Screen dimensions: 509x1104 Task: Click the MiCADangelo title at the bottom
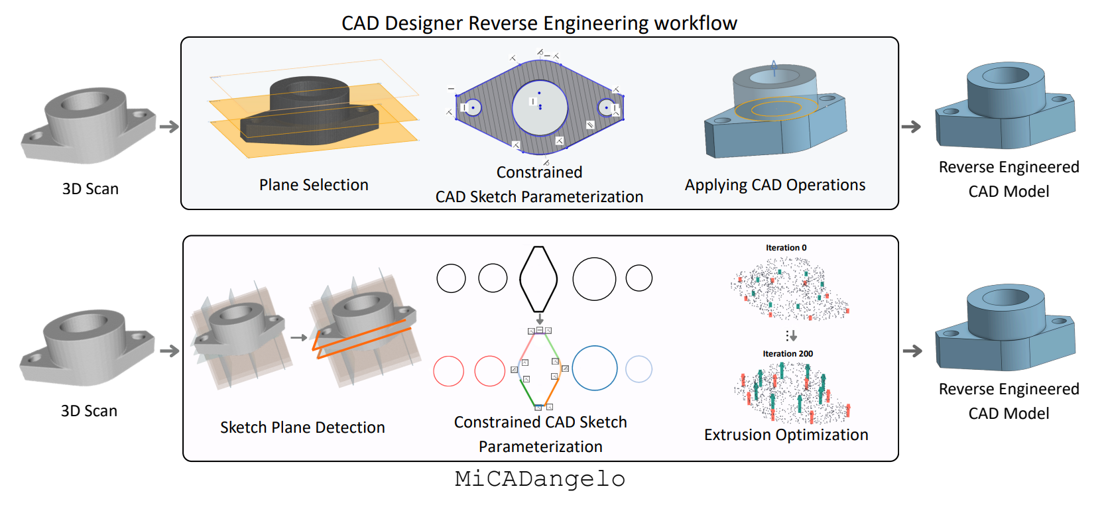[x=540, y=479]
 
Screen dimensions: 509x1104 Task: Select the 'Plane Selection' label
[x=314, y=185]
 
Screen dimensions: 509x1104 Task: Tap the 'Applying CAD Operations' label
[x=774, y=185]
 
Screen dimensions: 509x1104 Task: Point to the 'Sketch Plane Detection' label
[x=302, y=427]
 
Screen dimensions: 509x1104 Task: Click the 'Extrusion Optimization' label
[x=786, y=435]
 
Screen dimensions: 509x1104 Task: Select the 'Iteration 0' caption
[x=786, y=248]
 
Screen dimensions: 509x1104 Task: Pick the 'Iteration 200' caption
[x=788, y=354]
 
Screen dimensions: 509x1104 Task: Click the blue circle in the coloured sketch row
[x=595, y=368]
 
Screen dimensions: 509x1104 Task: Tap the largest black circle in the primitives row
[x=594, y=279]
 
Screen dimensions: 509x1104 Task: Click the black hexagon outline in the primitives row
[x=538, y=278]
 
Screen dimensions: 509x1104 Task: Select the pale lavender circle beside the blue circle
[x=639, y=369]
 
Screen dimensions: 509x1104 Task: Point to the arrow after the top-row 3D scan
[x=169, y=127]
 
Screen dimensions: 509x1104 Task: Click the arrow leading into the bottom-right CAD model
[x=912, y=351]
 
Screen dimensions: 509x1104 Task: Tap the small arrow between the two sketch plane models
[x=299, y=337]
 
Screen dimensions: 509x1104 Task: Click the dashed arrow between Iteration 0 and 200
[x=791, y=336]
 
